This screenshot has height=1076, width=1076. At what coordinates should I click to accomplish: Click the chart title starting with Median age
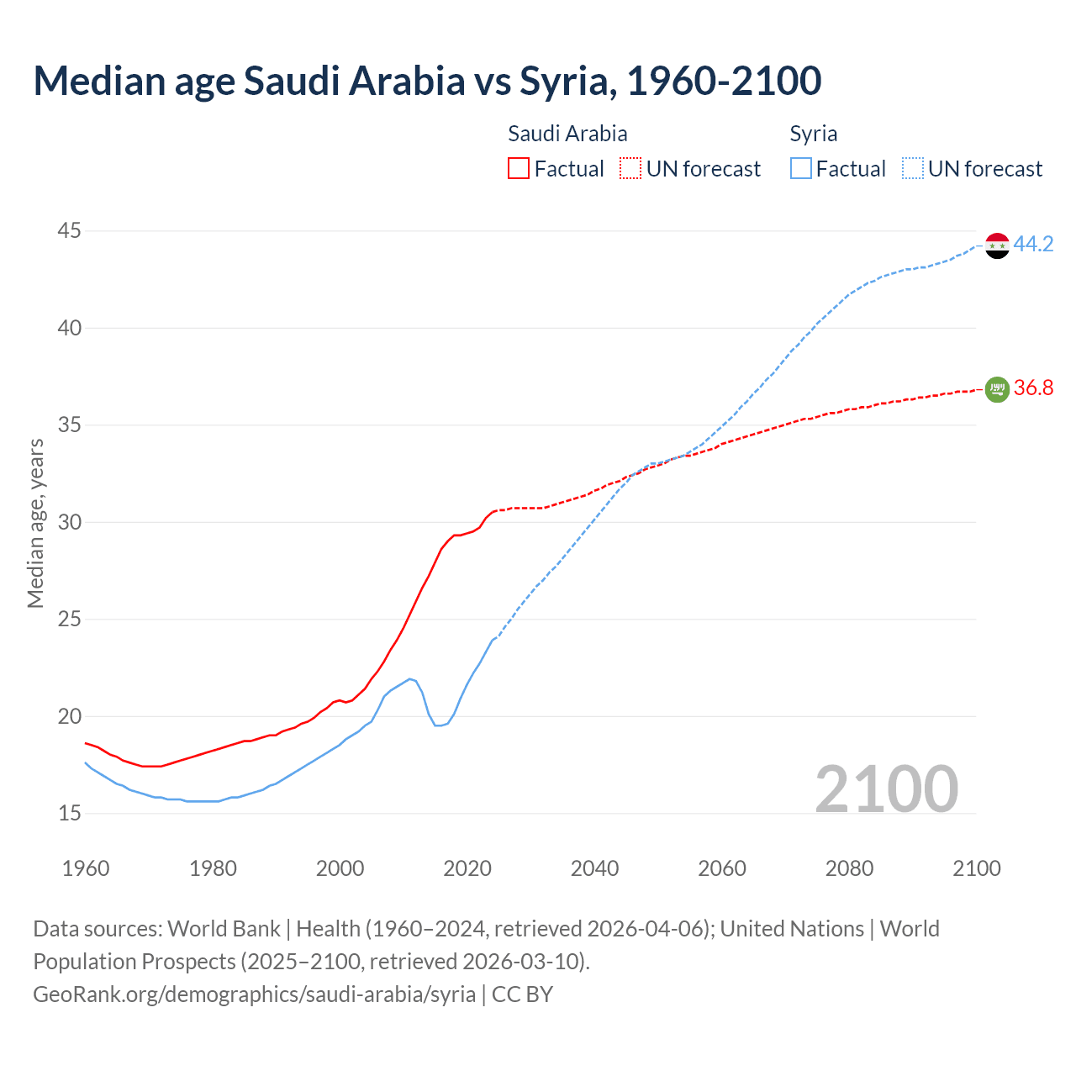(x=427, y=81)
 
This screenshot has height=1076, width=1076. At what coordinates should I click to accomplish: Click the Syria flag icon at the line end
(x=997, y=245)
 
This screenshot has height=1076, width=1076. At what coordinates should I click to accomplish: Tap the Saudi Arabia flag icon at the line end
(x=997, y=388)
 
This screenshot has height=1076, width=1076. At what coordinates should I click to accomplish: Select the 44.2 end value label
(x=1033, y=245)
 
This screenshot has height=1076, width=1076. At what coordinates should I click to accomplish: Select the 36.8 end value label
(x=1033, y=388)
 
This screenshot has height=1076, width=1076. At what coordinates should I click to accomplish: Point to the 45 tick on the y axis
(x=70, y=230)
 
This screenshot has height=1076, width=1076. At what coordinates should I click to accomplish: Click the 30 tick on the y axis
(x=70, y=522)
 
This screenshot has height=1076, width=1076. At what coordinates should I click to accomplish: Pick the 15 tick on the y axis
(x=70, y=813)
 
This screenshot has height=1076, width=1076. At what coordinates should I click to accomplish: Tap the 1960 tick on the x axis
(x=86, y=868)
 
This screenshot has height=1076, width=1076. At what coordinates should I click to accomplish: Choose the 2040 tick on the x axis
(x=594, y=868)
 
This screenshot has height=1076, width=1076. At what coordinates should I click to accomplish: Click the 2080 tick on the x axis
(x=849, y=868)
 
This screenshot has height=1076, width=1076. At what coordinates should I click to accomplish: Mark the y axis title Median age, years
(x=35, y=522)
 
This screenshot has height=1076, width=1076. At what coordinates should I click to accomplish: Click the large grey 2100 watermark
(x=886, y=789)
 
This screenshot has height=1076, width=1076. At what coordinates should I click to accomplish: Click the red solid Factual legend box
(x=519, y=169)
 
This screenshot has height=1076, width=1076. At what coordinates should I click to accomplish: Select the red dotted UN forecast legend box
(x=630, y=169)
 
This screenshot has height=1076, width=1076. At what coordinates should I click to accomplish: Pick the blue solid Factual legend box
(x=801, y=169)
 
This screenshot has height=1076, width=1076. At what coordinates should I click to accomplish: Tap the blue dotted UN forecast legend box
(x=913, y=169)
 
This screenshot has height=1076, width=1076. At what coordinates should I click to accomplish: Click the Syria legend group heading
(x=813, y=134)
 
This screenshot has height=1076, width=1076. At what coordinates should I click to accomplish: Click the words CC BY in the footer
(x=522, y=994)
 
